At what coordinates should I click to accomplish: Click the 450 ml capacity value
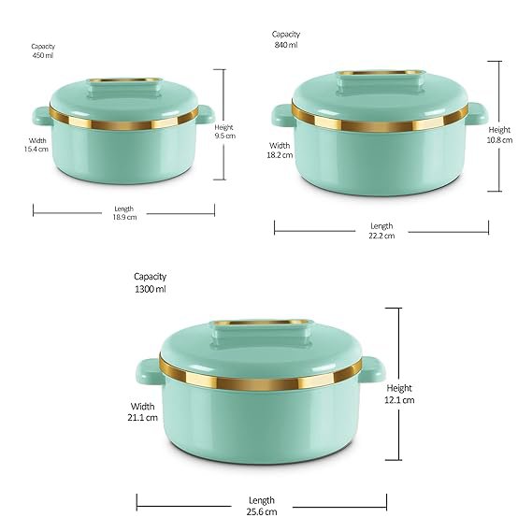[x=43, y=55]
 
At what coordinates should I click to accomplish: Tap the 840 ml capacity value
[x=286, y=45]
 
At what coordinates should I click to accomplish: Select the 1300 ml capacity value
[x=151, y=289]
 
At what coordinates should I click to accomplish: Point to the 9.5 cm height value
[x=224, y=136]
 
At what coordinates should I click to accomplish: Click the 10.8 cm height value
[x=499, y=140]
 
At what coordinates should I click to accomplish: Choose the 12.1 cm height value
[x=399, y=400]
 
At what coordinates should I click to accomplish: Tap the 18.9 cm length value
[x=124, y=217]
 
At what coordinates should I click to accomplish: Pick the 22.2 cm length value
[x=381, y=236]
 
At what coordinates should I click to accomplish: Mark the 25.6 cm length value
[x=262, y=511]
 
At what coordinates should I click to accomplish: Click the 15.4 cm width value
[x=36, y=149]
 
